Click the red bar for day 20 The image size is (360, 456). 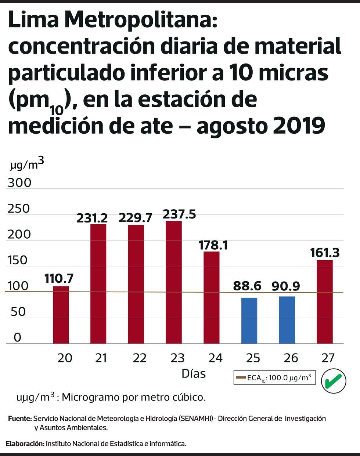[61, 315]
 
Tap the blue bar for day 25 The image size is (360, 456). [249, 321]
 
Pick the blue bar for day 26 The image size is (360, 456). [287, 320]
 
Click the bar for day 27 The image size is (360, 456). [325, 302]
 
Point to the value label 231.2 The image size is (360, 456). [92, 218]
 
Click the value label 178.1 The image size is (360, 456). [213, 245]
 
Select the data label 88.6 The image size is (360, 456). [247, 286]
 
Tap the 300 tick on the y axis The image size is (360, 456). [19, 183]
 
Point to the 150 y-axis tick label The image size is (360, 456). [18, 260]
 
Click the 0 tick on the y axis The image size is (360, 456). [18, 337]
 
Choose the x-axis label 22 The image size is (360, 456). [140, 358]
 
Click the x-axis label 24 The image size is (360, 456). [215, 358]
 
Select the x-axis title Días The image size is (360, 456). [194, 374]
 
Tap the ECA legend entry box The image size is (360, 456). [274, 377]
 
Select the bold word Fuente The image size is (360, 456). [19, 419]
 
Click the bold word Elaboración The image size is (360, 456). [25, 444]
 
